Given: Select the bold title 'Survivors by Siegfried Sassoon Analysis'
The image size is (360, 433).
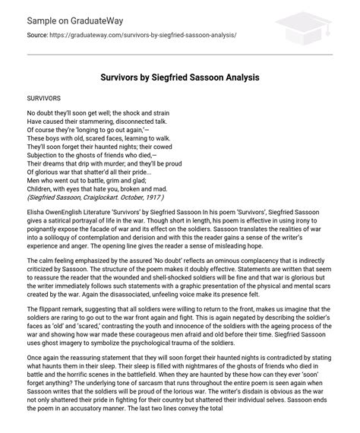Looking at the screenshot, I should coord(180,78).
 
